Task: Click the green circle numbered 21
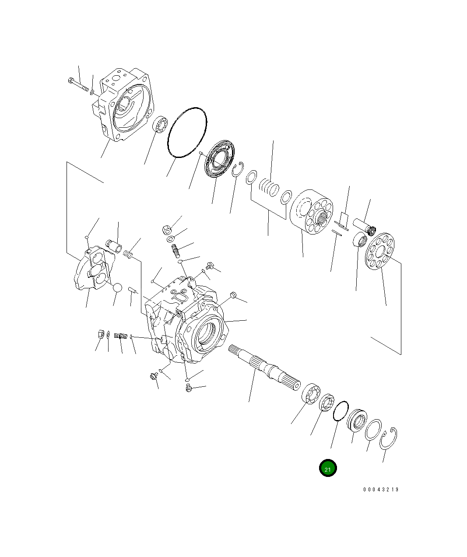pos(328,468)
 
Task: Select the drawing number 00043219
pos(380,490)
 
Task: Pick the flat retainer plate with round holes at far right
pos(380,252)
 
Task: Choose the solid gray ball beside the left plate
pos(117,287)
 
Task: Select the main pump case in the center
pos(186,322)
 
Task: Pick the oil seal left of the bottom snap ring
pos(357,420)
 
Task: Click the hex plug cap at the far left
pos(99,335)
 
